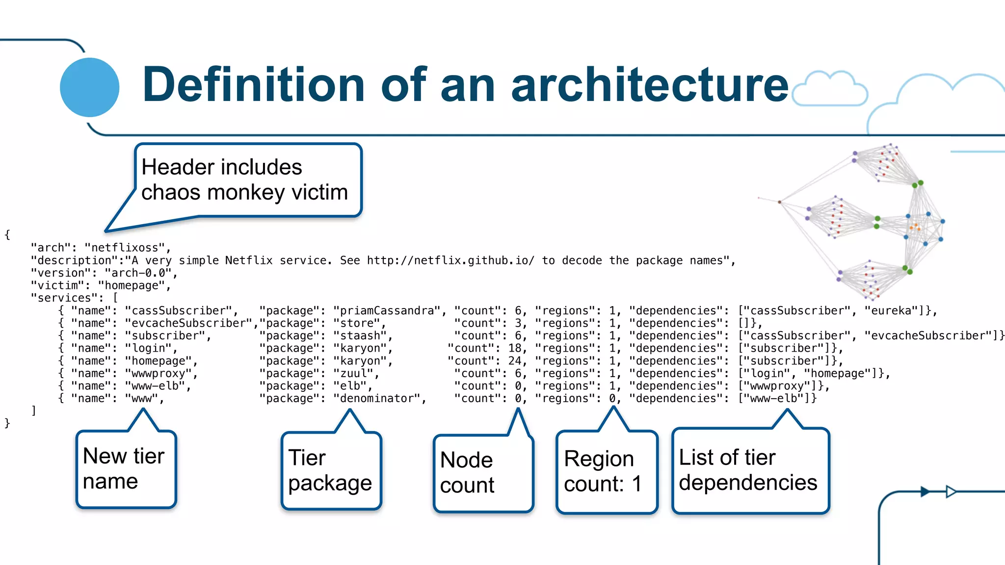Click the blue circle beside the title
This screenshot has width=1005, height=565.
click(89, 87)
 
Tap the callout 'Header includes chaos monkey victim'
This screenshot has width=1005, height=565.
click(248, 180)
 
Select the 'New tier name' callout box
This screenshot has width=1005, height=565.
click(126, 469)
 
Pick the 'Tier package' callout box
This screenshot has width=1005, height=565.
click(331, 471)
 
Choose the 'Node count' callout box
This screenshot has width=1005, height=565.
click(483, 473)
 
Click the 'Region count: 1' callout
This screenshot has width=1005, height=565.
click(607, 472)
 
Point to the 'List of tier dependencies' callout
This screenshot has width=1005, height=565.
click(750, 470)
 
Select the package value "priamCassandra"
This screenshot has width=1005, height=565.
click(387, 311)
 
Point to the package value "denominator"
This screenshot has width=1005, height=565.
click(380, 398)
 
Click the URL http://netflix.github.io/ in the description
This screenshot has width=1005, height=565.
click(450, 260)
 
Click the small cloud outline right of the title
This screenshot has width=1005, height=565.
click(829, 89)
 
